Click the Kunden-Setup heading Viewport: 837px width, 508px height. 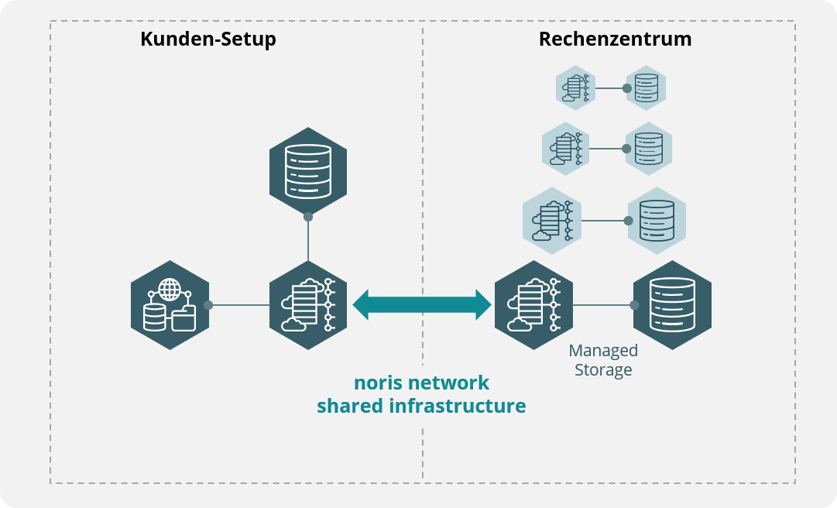[208, 39]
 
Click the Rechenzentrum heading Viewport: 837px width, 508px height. [615, 39]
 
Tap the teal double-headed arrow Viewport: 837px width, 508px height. [422, 304]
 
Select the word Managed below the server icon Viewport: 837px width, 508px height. [603, 351]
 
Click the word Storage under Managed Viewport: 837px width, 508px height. [603, 369]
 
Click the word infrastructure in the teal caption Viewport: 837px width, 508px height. [458, 406]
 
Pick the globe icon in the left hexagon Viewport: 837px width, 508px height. [170, 290]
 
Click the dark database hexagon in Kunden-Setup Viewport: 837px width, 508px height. [308, 171]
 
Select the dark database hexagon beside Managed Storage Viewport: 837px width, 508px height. [672, 305]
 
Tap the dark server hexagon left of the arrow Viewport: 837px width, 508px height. [308, 305]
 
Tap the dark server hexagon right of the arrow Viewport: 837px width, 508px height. [533, 305]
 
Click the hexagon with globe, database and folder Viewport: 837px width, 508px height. [170, 305]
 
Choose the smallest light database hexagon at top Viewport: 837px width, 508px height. [646, 88]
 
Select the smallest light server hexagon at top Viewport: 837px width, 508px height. [575, 88]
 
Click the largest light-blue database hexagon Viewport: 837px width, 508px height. [657, 221]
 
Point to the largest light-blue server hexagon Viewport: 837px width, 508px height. [552, 221]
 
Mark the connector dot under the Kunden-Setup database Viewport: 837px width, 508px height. [308, 217]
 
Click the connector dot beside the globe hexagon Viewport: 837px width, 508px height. [208, 305]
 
